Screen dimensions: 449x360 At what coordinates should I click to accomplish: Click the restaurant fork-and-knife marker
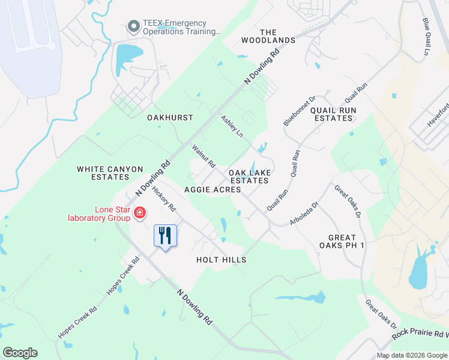[166, 235]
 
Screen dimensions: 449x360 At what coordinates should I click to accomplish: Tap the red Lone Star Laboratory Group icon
[140, 213]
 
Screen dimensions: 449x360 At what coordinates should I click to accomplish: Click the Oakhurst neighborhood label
[170, 118]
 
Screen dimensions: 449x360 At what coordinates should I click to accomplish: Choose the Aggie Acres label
[212, 190]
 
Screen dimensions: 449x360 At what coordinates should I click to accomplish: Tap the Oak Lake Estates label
[249, 176]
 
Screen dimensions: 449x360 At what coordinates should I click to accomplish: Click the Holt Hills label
[221, 260]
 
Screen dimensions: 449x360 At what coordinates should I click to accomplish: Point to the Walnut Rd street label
[203, 155]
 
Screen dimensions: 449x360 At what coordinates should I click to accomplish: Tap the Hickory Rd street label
[163, 199]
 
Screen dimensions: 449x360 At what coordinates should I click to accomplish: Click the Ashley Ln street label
[232, 126]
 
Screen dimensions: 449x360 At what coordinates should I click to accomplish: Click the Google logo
[20, 353]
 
